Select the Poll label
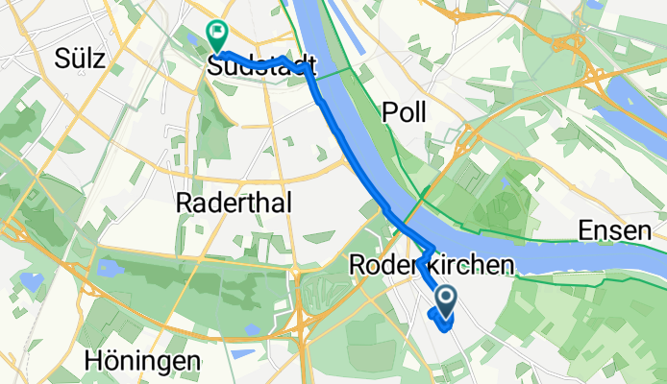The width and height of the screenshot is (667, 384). coord(404,112)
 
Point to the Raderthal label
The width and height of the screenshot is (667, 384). coord(235,202)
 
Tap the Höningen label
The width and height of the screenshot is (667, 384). coord(142,362)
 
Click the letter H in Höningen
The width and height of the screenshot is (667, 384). coord(93,362)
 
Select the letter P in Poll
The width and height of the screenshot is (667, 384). coord(389,112)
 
